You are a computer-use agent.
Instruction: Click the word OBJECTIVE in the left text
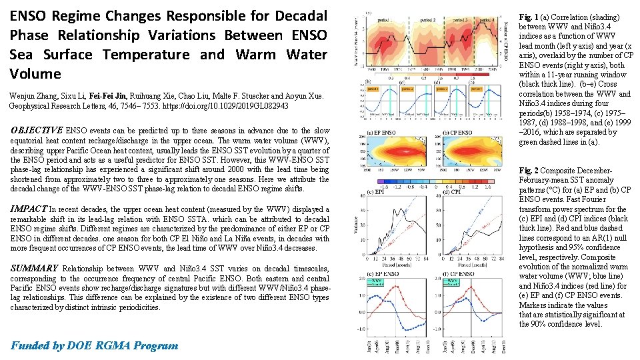pyautogui.click(x=36, y=130)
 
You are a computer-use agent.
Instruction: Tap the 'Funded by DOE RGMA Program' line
pyautogui.click(x=95, y=345)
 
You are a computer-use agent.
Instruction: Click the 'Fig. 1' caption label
pyautogui.click(x=529, y=17)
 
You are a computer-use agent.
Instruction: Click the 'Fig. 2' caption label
pyautogui.click(x=529, y=171)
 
